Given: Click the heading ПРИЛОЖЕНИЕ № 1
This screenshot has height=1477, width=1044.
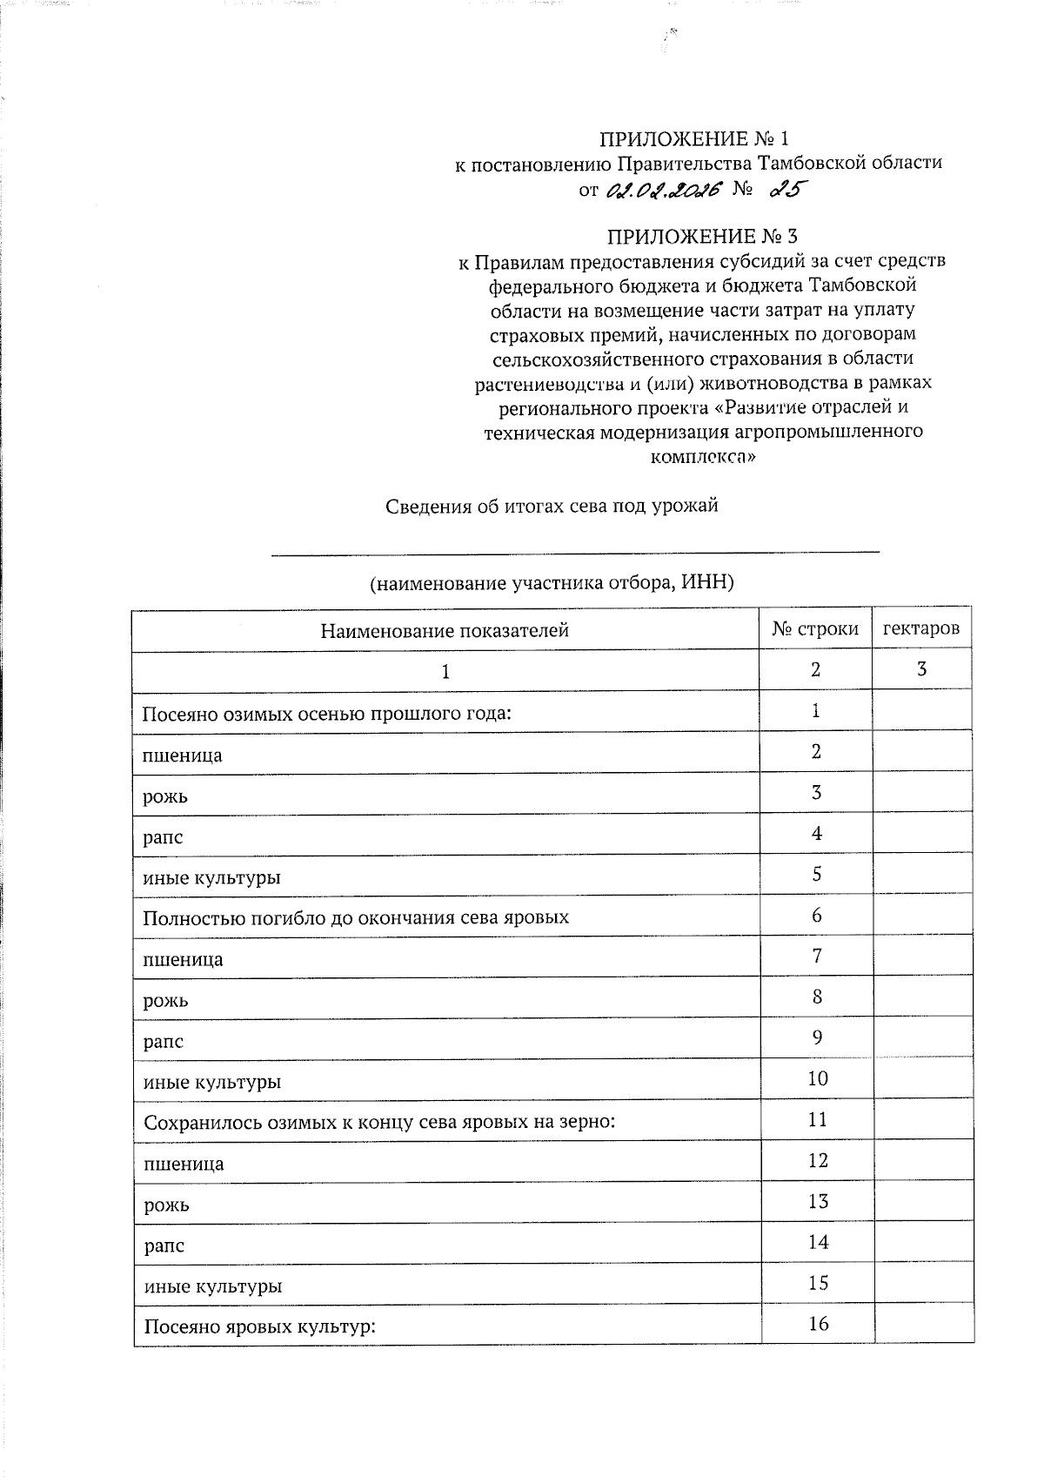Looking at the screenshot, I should click(695, 139).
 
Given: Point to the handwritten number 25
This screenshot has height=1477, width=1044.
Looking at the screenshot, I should click(781, 190).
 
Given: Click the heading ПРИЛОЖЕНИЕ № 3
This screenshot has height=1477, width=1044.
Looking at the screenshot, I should click(701, 237).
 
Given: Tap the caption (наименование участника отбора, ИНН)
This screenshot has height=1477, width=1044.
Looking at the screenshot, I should click(552, 583).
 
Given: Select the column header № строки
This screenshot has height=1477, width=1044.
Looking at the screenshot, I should click(815, 628).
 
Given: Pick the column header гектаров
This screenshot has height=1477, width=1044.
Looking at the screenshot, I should click(921, 628).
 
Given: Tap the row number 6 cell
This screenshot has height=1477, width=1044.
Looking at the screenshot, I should click(816, 915).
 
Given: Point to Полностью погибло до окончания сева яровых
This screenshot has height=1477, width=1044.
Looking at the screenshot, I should click(356, 918).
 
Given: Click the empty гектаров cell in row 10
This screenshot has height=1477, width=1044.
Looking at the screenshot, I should click(922, 1079).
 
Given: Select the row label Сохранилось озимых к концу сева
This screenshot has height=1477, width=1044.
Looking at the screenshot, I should click(379, 1122).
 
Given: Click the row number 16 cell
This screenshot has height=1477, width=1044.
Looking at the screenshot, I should click(818, 1324).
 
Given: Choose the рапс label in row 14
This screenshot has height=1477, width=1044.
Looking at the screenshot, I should click(164, 1245).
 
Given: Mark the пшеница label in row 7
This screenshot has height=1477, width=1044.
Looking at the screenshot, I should click(183, 960).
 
